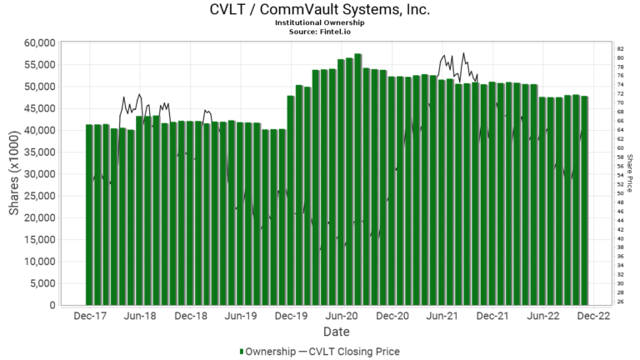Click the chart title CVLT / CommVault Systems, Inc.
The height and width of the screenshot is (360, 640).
[320, 10]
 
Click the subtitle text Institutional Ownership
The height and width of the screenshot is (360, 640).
[320, 22]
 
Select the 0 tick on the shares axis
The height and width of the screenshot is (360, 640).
[52, 306]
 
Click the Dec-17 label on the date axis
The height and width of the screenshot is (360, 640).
[88, 317]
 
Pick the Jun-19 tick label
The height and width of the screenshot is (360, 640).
[240, 317]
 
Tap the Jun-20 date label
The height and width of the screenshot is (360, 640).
[342, 317]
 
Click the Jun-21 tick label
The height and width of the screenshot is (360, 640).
[442, 317]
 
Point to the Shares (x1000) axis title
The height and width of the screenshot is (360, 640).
[14, 173]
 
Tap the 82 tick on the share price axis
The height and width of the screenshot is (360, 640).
[621, 49]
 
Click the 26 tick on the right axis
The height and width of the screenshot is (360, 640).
[621, 302]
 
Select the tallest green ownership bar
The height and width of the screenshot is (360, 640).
[357, 179]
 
